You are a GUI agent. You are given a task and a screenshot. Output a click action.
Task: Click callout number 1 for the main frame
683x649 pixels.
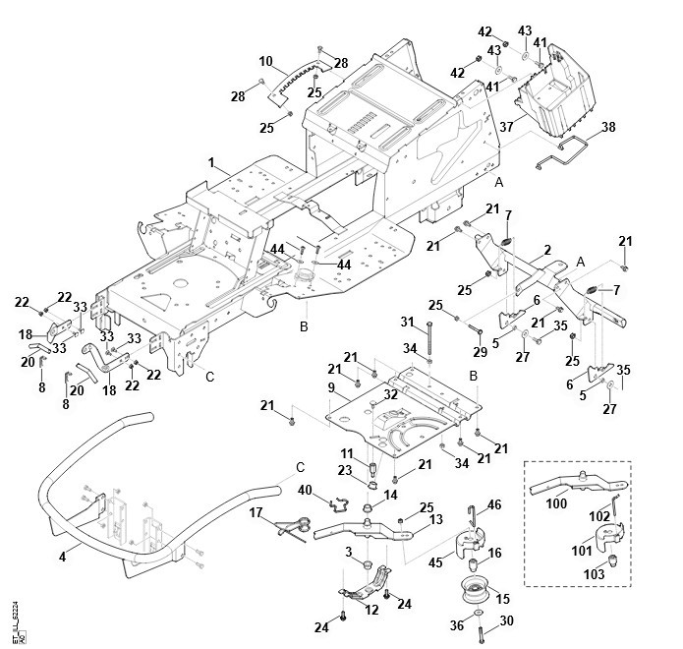point(210,160)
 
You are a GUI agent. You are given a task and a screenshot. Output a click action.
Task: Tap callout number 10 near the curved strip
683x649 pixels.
point(265,61)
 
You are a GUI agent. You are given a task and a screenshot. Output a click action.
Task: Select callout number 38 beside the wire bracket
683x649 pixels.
point(608,127)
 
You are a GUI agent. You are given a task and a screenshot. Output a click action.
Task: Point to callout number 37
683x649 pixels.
point(507,127)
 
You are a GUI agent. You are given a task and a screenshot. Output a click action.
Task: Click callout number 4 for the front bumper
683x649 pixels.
point(63,557)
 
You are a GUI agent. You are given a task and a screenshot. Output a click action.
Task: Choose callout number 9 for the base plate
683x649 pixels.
point(333,388)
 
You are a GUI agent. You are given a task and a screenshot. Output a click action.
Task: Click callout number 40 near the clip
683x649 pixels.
point(305,490)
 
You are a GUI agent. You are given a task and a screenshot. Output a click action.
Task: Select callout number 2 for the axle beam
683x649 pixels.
point(546,251)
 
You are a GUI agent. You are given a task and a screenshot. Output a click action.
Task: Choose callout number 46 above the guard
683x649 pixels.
point(494,504)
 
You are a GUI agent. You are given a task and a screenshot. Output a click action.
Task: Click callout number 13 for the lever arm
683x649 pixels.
point(436,519)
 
